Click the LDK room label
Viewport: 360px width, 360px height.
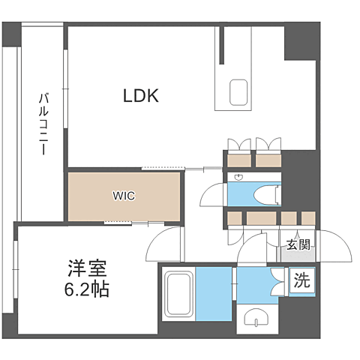pos(141,95)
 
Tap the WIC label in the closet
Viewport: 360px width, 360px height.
pos(124,196)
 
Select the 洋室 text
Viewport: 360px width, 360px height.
pos(87,268)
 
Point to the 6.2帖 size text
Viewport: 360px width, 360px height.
pos(87,289)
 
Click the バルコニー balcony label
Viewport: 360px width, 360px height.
pos(43,124)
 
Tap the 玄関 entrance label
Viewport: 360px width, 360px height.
pos(298,244)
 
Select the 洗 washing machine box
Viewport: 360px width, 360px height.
pos(302,280)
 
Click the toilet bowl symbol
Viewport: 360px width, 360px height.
pos(267,195)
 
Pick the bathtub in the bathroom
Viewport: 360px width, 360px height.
pos(178,294)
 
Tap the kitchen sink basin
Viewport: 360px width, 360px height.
pos(238,92)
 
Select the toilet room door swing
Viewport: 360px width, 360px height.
pos(214,194)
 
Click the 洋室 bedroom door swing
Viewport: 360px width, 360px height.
pos(163,244)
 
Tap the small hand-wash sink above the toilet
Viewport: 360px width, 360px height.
pos(238,177)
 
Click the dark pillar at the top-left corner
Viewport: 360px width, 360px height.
pos(11,34)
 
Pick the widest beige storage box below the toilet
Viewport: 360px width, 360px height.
pos(262,218)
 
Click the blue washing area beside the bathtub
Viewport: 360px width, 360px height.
pos(214,294)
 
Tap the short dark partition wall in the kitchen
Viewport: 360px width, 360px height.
pos(221,45)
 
